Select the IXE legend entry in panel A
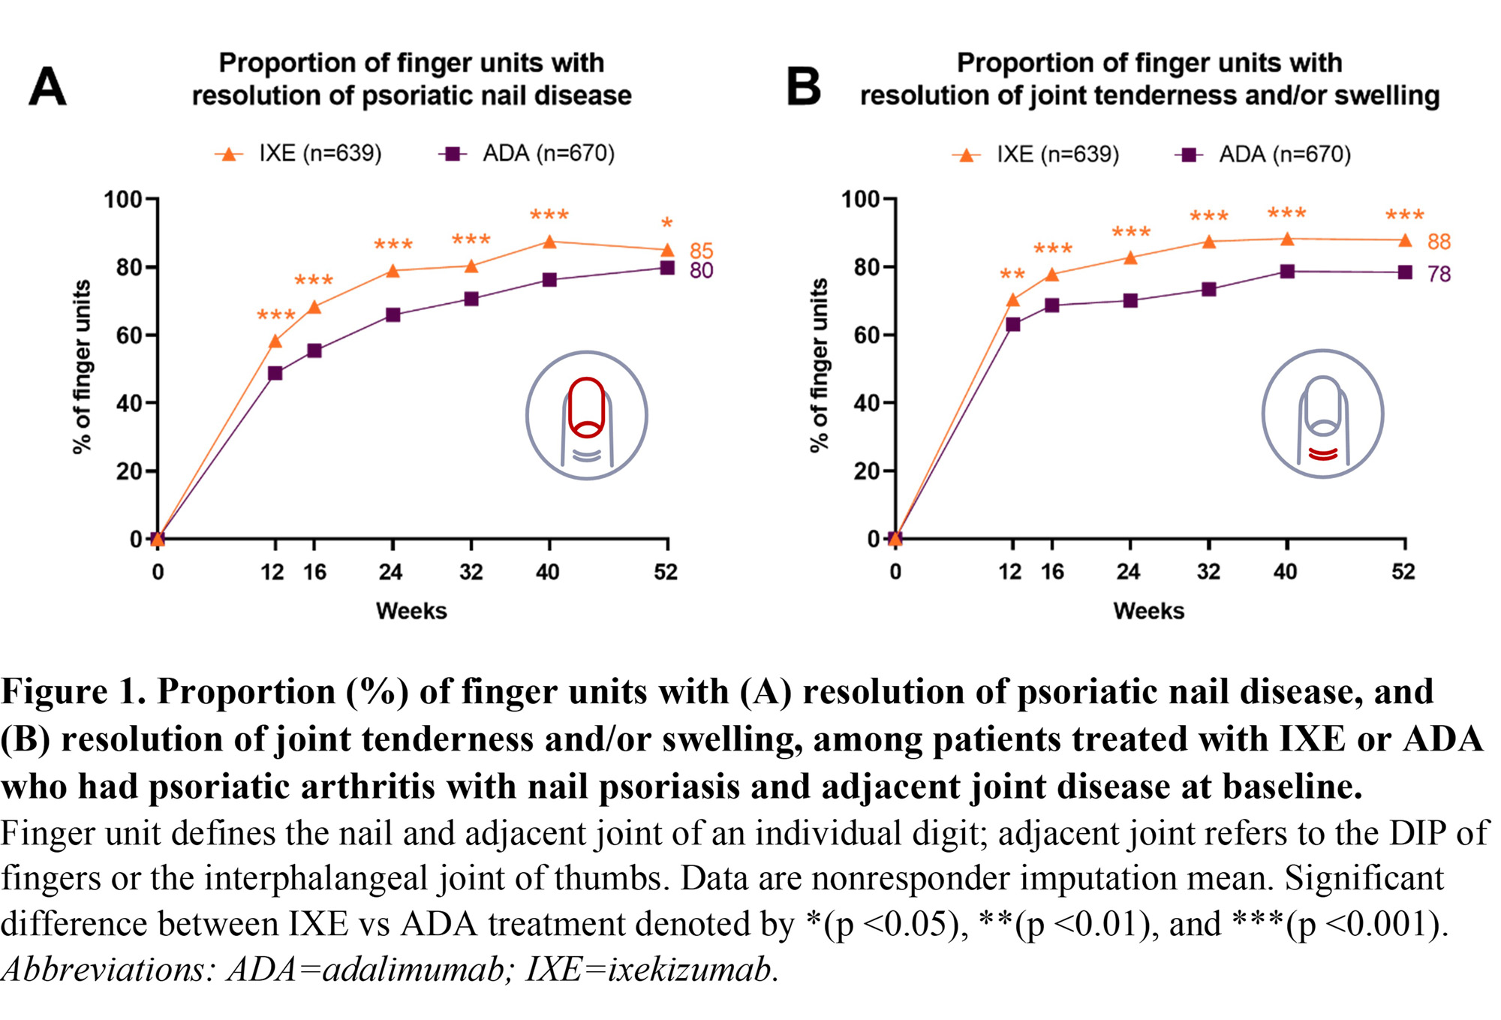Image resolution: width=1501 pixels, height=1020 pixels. [299, 154]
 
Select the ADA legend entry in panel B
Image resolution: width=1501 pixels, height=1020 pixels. [1264, 155]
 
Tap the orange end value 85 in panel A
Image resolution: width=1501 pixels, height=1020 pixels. [701, 250]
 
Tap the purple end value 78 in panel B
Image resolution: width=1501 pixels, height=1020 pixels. [1439, 274]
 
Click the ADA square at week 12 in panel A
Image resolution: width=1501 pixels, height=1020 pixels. [275, 373]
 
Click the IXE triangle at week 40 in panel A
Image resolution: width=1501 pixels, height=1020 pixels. [549, 242]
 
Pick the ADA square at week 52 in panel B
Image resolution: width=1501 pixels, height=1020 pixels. [1405, 272]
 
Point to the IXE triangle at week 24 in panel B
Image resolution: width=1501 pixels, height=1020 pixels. [1130, 258]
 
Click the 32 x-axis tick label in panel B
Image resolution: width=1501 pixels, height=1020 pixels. [1208, 572]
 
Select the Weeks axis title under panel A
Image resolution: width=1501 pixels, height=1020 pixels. [411, 611]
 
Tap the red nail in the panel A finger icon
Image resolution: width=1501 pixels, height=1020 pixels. [586, 407]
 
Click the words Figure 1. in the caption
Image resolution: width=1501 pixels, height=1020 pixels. [73, 692]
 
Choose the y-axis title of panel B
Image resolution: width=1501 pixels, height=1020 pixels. [819, 366]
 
